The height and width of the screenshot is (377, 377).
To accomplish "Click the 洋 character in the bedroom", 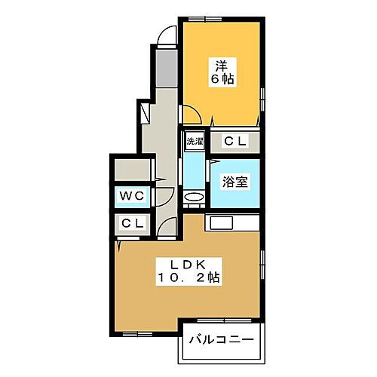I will point(220,65).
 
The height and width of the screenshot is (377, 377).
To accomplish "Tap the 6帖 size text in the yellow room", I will point(220,79).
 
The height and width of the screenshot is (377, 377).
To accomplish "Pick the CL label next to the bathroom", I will point(234,141).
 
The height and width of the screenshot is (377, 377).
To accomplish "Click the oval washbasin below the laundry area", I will point(195,197).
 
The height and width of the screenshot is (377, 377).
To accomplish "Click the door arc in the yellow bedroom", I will point(190,114).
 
